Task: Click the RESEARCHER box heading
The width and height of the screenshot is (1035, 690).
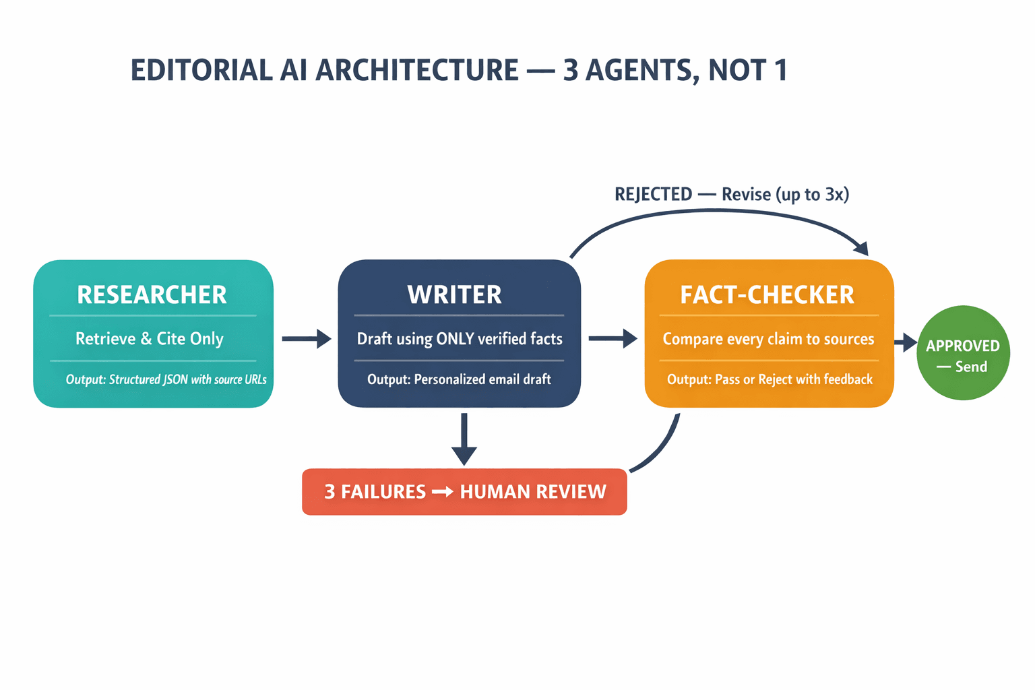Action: pos(152,295)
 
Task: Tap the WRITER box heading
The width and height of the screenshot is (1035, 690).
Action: pos(455,295)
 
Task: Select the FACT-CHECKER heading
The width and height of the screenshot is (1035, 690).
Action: pos(767,295)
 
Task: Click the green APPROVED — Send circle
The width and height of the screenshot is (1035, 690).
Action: pos(963,353)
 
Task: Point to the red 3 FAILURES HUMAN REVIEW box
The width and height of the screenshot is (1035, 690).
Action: pos(464,492)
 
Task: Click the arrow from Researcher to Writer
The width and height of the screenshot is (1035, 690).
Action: pos(306,338)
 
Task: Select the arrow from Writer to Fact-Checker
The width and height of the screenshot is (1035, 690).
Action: pos(613,338)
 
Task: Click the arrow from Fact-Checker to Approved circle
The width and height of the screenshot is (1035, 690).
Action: pos(906,343)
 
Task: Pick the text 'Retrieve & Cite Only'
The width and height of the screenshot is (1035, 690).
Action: pos(150,338)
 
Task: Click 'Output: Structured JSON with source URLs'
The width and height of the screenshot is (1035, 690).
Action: pos(166,380)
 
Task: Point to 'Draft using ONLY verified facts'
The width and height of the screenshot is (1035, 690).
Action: pos(460,339)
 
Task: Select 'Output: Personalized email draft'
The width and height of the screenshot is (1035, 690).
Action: pos(459,380)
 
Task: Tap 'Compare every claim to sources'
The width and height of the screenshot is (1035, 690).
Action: pos(768,339)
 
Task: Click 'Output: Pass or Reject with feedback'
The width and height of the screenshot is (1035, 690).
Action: pos(770,380)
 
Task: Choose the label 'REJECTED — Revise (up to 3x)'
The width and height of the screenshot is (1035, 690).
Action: pos(732,195)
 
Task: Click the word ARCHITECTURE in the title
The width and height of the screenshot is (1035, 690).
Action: pos(417,71)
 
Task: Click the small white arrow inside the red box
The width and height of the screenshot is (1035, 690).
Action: pos(443,492)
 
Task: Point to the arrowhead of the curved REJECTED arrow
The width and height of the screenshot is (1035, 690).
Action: pos(861,248)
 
